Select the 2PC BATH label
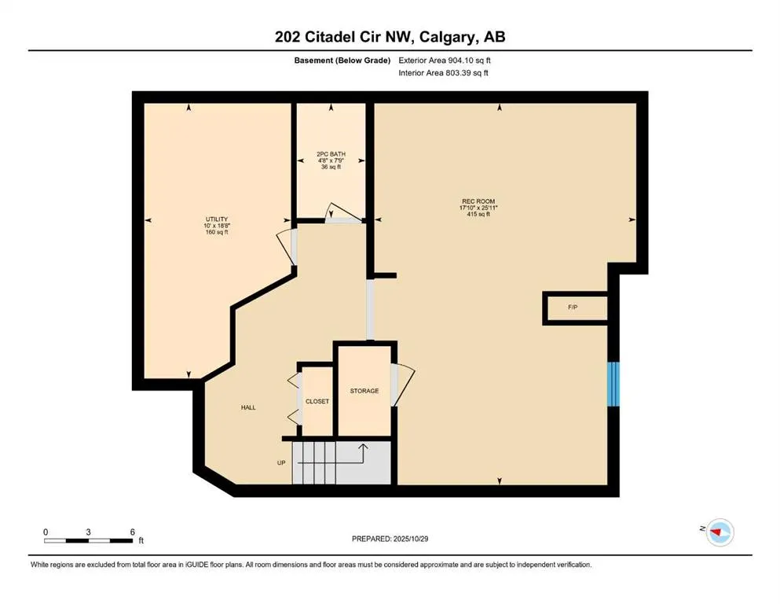tap(331, 154)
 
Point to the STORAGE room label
tap(364, 391)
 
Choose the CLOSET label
tap(317, 401)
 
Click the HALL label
tap(248, 407)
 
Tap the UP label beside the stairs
tap(280, 463)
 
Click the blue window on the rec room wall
tap(614, 385)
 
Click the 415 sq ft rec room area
tap(478, 214)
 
